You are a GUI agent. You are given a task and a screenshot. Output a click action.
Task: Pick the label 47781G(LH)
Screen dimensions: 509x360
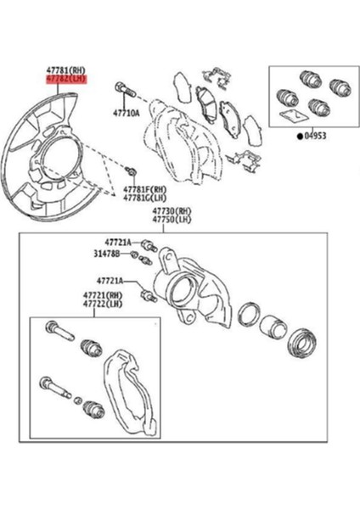click(143, 199)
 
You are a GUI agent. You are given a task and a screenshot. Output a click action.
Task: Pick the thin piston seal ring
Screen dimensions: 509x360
click(247, 313)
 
